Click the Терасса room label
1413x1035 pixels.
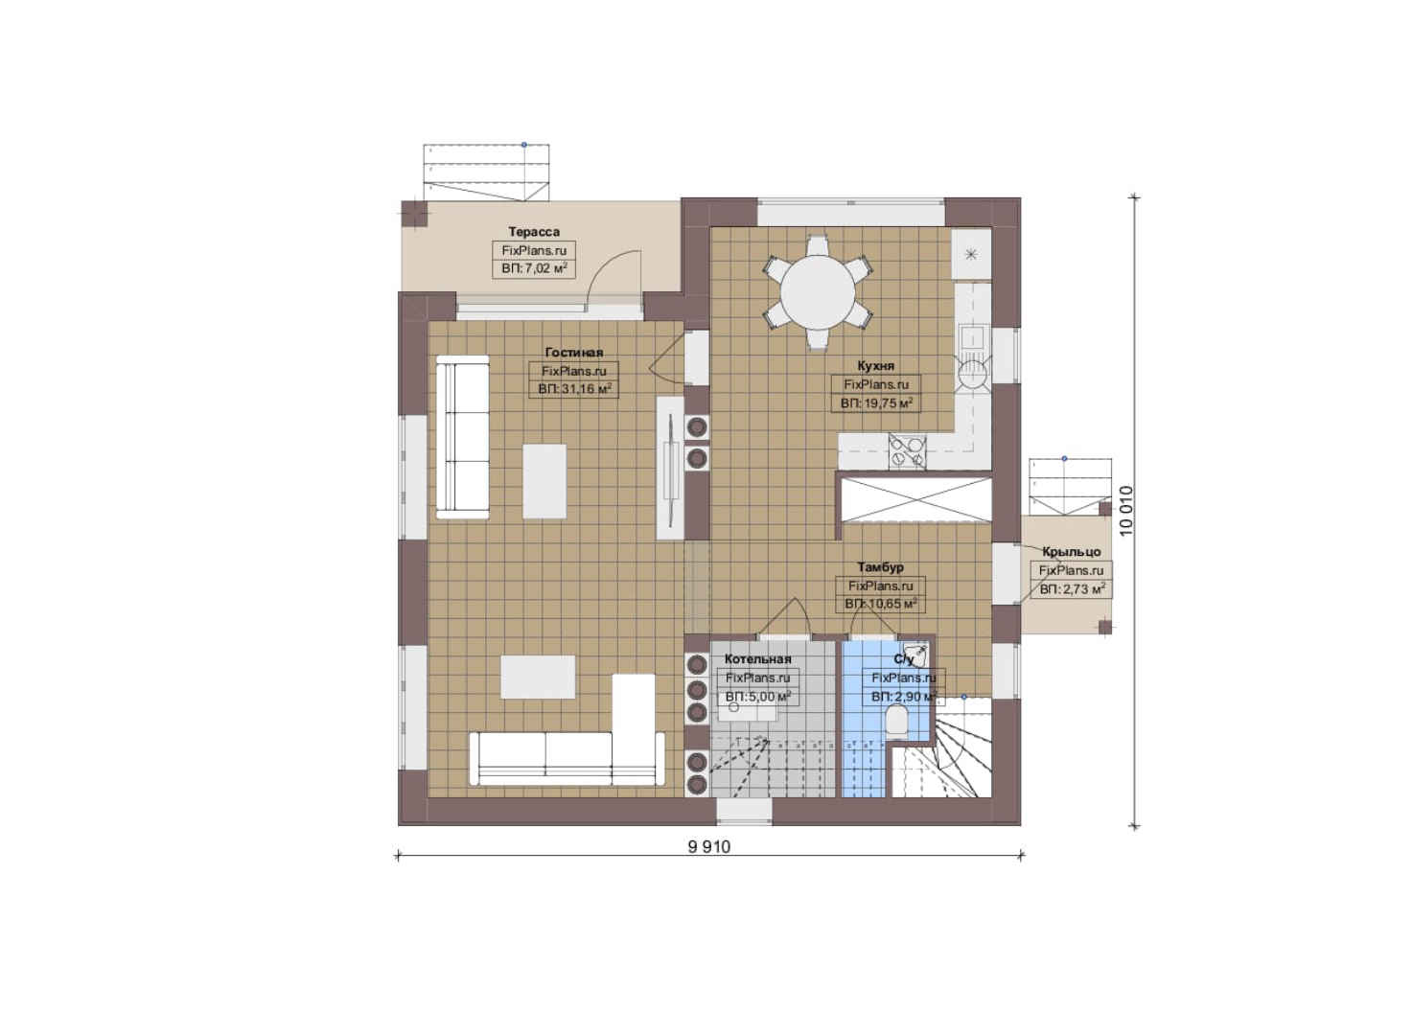coord(534,232)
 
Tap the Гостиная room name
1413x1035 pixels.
coord(574,353)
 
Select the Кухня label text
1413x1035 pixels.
coord(875,366)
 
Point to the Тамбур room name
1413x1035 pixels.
coord(880,567)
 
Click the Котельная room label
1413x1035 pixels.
coord(757,659)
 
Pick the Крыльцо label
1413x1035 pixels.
coord(1071,552)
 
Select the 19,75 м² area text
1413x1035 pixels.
coord(885,403)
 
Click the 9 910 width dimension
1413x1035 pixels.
coord(709,846)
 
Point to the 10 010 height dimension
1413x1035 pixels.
coord(1126,511)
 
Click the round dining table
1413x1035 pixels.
coord(818,292)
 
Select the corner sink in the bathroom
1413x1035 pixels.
coord(915,654)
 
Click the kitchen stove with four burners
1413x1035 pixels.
coord(907,451)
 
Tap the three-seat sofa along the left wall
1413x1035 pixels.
coord(462,437)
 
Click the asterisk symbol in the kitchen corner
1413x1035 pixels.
coord(971,254)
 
